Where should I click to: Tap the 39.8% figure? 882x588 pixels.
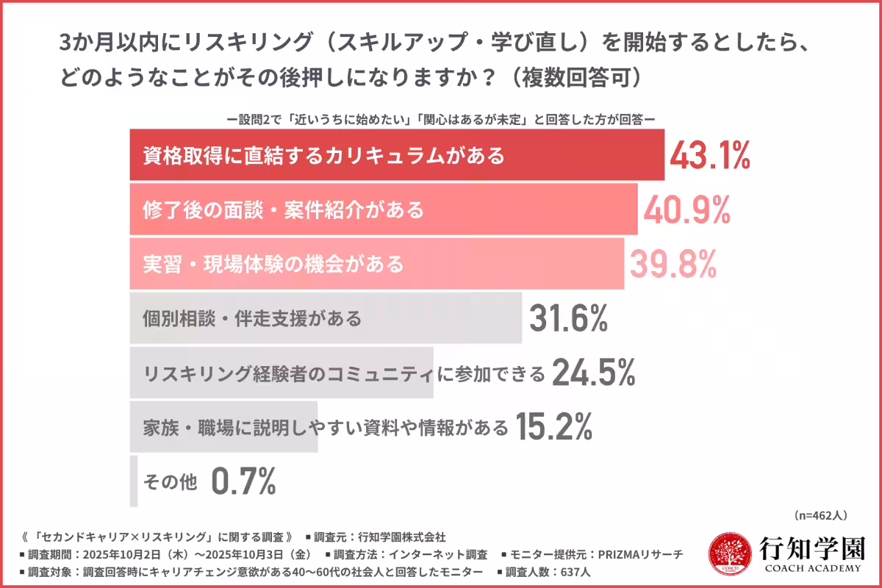pos(672,263)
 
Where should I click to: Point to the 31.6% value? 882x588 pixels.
pos(568,318)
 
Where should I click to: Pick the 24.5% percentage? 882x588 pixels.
pos(593,373)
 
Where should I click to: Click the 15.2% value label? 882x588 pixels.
pos(553,426)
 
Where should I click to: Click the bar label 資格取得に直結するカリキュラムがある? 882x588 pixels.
pos(323,156)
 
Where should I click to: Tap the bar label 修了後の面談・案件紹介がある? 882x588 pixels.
pos(283,210)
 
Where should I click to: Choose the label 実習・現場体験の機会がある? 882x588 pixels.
pos(273,264)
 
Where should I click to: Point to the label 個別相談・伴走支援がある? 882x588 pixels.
pos(252,319)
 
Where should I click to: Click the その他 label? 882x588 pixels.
pos(170,482)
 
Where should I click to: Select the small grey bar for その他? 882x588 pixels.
pos(134,481)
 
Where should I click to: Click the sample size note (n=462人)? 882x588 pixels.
pos(821,515)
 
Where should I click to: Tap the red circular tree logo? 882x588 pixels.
pos(729,556)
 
